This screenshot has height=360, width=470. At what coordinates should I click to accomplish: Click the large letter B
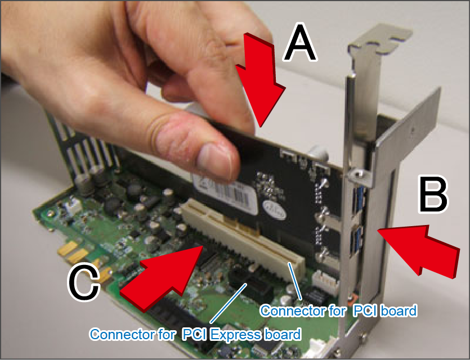click(x=433, y=195)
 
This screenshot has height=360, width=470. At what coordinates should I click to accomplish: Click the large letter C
click(x=84, y=282)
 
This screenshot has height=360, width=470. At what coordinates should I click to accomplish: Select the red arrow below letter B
click(x=418, y=250)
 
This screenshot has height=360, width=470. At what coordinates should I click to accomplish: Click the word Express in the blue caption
click(x=236, y=334)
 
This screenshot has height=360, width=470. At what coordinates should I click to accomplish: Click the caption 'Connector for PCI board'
click(x=338, y=311)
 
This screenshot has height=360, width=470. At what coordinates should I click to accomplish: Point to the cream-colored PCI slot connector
click(x=243, y=240)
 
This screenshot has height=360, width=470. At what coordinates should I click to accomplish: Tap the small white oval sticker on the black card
click(x=274, y=210)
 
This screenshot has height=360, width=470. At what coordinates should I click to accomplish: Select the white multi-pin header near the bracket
click(x=325, y=280)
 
